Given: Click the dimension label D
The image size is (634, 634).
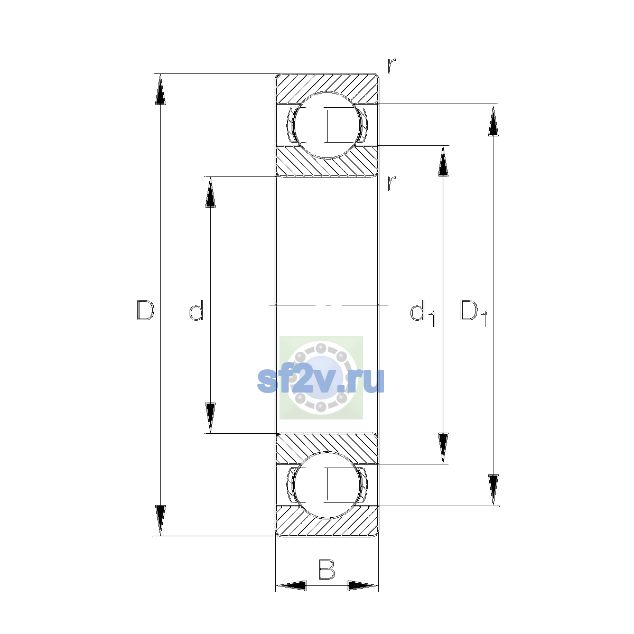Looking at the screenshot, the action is [145, 310].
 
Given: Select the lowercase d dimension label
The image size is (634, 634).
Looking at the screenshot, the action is [197, 310].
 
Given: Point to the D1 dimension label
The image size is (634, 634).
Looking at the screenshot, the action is [474, 313].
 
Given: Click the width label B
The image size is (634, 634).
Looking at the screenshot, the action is [327, 569].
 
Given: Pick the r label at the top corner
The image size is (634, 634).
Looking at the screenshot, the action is [391, 66].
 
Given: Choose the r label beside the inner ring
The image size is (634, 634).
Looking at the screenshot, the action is [391, 183].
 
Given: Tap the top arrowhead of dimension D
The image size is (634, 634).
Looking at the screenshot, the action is [160, 89].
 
